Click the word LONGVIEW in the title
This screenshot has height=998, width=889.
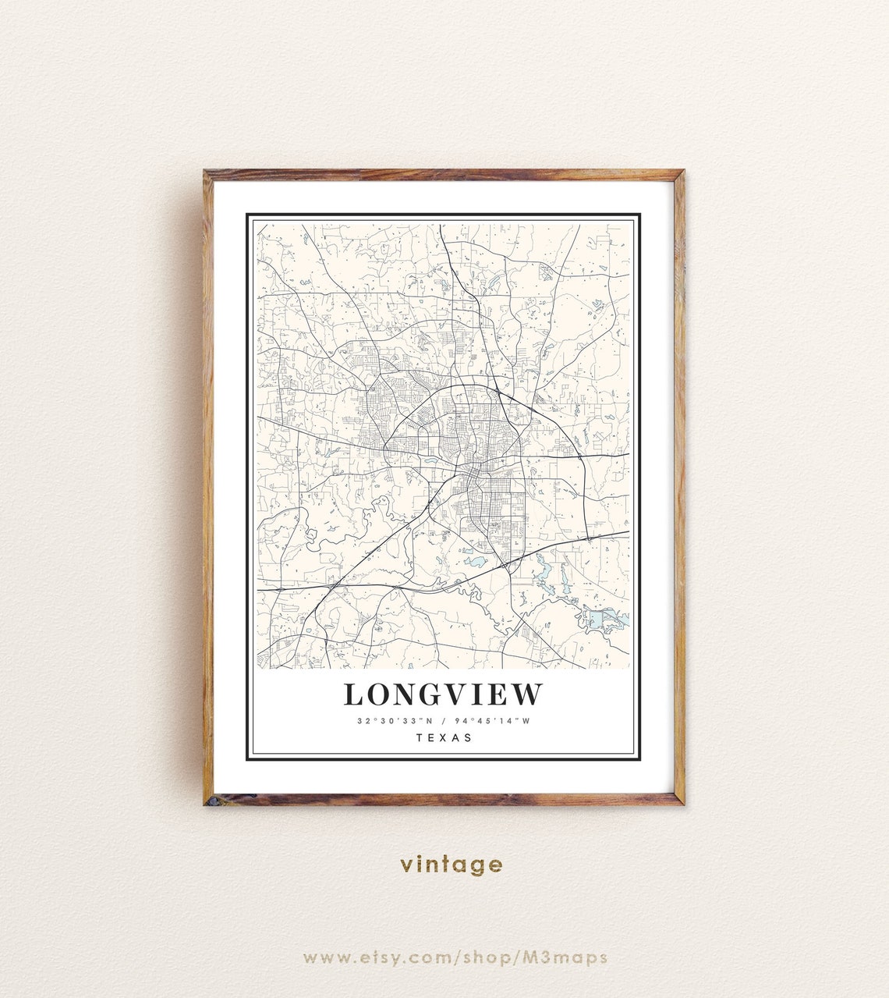click(443, 694)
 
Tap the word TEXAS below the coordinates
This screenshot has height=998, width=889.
click(444, 737)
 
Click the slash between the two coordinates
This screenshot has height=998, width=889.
click(443, 721)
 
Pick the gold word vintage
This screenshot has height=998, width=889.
click(452, 865)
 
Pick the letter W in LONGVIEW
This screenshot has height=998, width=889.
click(528, 694)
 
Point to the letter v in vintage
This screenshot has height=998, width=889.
click(406, 865)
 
